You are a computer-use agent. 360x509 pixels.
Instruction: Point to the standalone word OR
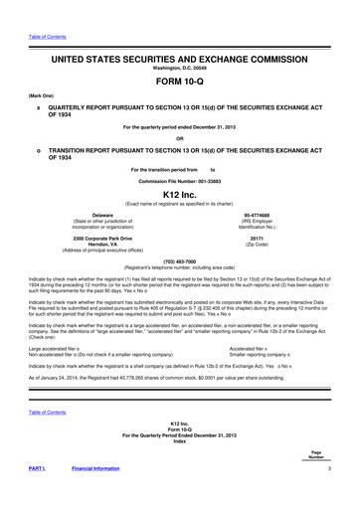[x=180, y=137]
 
